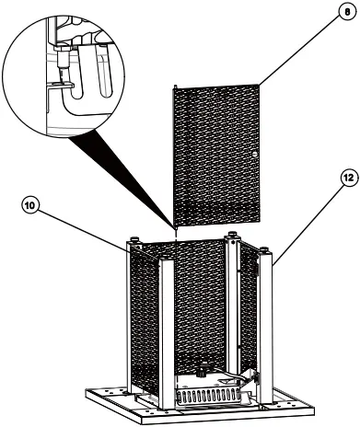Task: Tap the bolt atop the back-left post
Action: click(134, 240)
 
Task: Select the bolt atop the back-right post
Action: click(234, 234)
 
